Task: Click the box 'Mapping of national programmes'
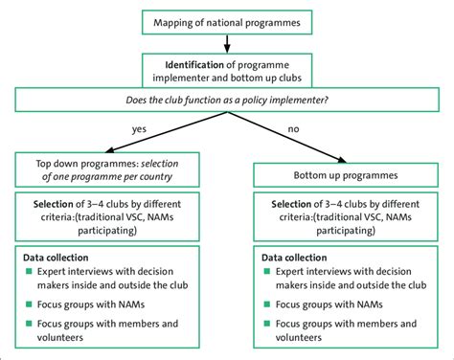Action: coord(226,20)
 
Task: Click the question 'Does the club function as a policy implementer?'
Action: coord(227,99)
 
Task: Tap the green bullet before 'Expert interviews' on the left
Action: coord(27,273)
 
